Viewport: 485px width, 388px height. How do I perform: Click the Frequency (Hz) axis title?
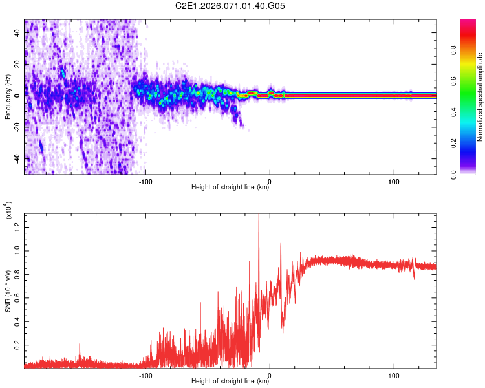pos(8,97)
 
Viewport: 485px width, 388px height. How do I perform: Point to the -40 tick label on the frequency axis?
pos(16,158)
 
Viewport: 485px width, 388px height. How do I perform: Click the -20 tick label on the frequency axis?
pos(16,127)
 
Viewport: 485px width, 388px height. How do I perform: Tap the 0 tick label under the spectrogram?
pos(270,180)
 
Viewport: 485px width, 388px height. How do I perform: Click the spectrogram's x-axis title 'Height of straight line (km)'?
pos(230,188)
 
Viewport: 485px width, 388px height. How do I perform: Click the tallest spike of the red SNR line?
pos(259,216)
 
